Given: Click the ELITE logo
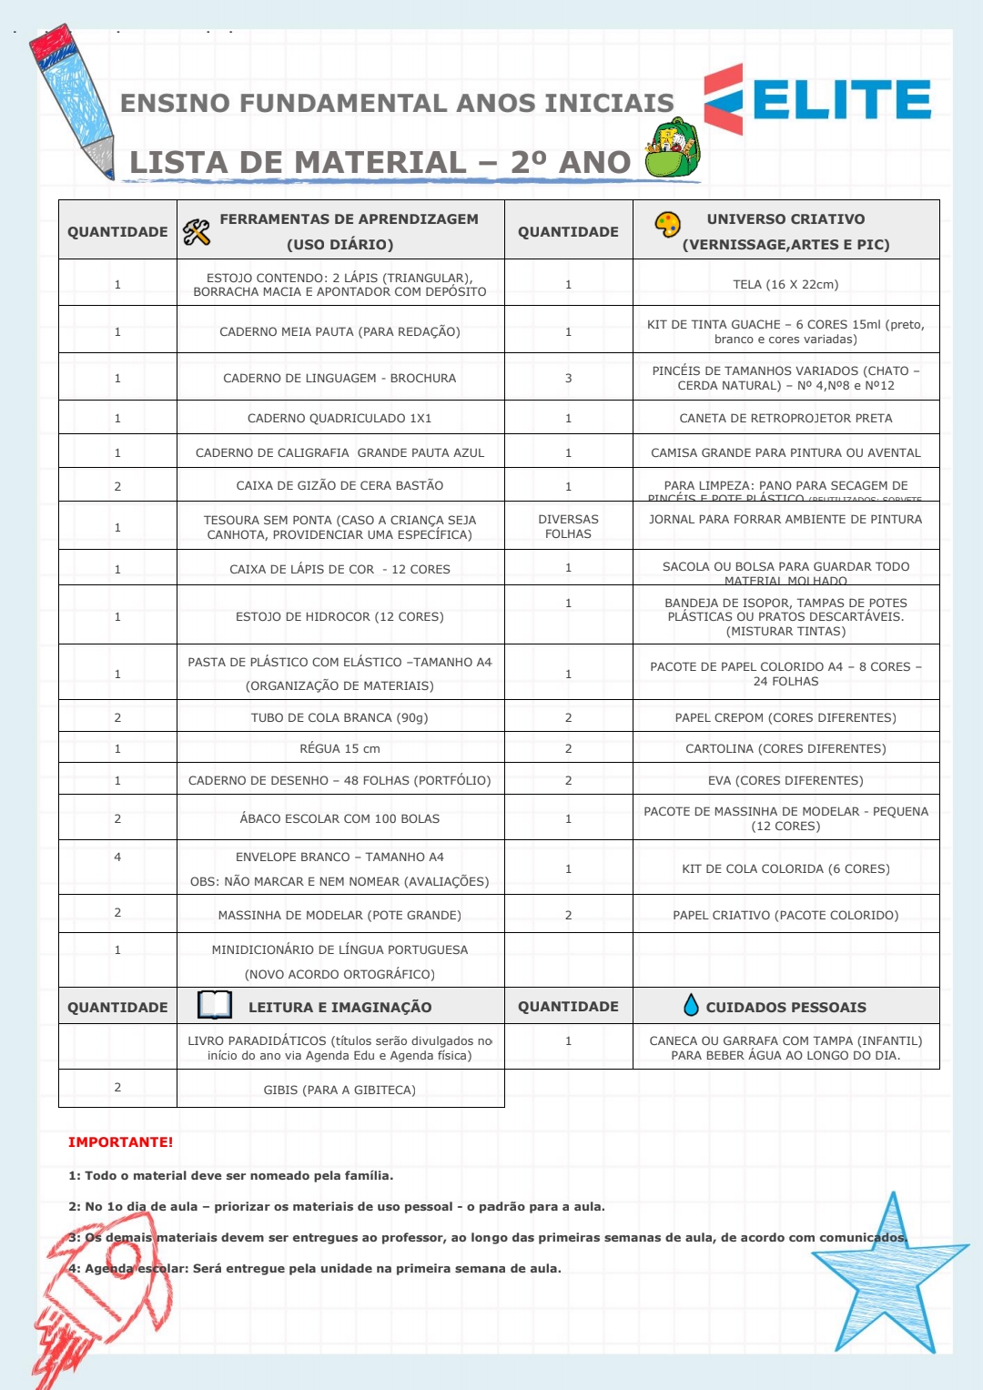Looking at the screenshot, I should [x=817, y=99].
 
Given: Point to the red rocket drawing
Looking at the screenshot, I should [x=100, y=1302].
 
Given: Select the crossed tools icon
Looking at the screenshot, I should [x=197, y=232].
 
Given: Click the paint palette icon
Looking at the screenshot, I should [x=668, y=224].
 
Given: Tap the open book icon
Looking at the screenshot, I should [x=215, y=1005].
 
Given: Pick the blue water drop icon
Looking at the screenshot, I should [x=691, y=1005].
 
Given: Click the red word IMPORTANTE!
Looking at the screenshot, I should [x=120, y=1142].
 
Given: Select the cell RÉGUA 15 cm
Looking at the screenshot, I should [x=339, y=748].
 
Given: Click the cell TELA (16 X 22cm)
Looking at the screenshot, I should [x=785, y=284].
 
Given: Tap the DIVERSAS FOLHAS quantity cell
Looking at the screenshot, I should [x=568, y=526].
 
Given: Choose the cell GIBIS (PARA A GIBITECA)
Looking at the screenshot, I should [x=339, y=1090].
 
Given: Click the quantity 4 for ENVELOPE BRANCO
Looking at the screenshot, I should [x=117, y=857].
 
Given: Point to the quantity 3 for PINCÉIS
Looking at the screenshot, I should [x=568, y=378].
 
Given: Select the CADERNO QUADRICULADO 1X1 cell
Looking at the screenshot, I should [x=339, y=418].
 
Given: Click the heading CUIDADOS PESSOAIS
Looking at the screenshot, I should [x=785, y=1007].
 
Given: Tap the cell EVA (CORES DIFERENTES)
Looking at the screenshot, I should [x=785, y=780].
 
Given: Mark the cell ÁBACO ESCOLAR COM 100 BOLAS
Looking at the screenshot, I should [x=339, y=818].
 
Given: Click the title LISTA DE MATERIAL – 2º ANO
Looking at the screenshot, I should [x=380, y=162].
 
